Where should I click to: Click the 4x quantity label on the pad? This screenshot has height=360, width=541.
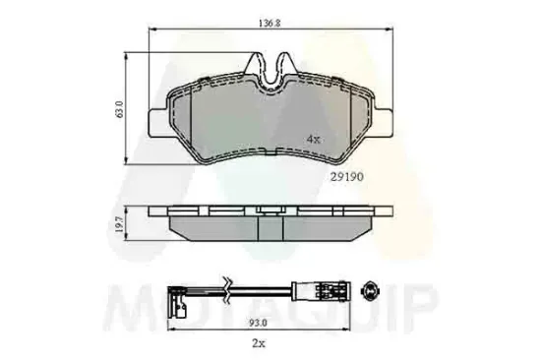tap(313, 138)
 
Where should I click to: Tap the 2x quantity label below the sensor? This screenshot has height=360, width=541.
tap(260, 345)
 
